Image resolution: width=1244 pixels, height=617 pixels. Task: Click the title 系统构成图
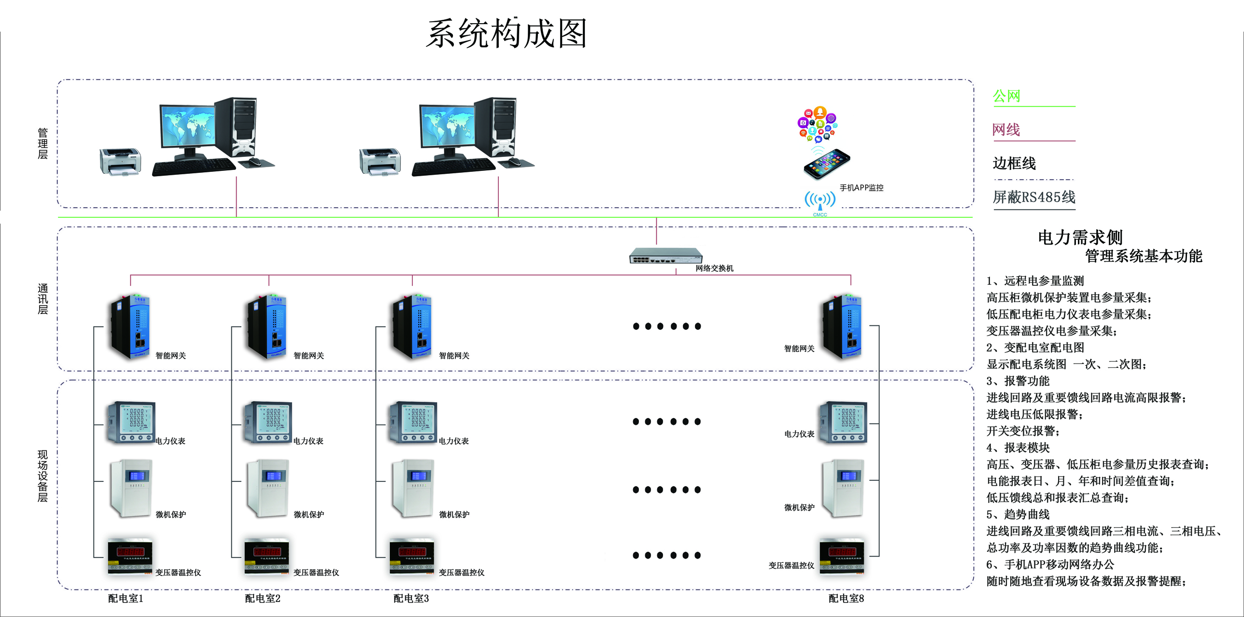tap(506, 34)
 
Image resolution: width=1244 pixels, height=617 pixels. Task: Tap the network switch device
tap(665, 255)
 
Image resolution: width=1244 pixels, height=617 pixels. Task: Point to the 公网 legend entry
tap(1006, 96)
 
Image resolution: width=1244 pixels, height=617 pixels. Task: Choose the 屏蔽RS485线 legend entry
tap(1033, 197)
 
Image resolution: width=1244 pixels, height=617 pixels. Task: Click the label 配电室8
tap(846, 598)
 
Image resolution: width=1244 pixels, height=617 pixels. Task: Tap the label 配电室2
tap(263, 598)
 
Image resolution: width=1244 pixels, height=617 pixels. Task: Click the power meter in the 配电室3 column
tap(413, 422)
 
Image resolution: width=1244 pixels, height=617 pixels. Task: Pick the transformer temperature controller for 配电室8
tap(842, 556)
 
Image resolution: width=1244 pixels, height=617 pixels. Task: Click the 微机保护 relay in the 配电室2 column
tap(268, 488)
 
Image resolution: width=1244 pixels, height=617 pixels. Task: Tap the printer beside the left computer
tap(120, 161)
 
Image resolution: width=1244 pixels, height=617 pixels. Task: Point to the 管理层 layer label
tap(42, 143)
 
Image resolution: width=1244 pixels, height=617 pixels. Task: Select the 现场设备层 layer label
tap(42, 476)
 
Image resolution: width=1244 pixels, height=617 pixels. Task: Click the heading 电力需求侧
tap(1080, 237)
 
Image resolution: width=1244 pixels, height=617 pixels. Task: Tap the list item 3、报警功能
tap(1018, 381)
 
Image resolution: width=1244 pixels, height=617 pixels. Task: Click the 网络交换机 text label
tap(714, 268)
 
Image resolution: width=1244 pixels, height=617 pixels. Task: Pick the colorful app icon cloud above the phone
tap(817, 124)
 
